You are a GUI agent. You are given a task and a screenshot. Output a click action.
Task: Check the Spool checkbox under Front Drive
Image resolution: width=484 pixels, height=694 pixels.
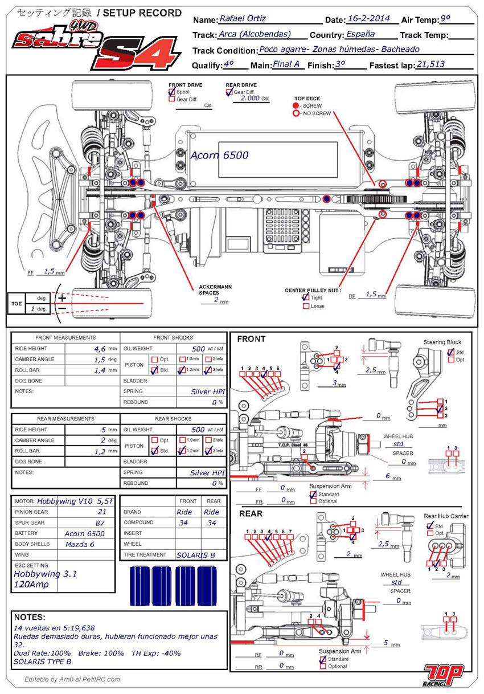[x=172, y=92]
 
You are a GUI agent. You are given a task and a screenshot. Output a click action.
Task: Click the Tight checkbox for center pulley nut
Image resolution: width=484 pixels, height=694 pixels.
[x=306, y=297]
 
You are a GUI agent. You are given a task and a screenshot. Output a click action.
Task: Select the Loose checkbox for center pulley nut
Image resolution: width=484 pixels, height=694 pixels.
[x=306, y=306]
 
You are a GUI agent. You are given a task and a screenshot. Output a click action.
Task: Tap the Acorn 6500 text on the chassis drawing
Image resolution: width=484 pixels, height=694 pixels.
[x=220, y=155]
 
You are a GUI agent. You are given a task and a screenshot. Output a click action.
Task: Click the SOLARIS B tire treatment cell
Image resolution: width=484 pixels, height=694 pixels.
[x=195, y=554]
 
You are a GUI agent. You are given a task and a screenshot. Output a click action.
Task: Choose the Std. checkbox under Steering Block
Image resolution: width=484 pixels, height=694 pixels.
[x=451, y=352]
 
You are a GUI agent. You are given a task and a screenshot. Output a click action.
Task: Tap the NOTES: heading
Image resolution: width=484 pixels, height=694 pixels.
[x=30, y=617]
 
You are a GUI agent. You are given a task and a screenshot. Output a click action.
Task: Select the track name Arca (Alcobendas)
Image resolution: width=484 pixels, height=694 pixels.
[x=255, y=34]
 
